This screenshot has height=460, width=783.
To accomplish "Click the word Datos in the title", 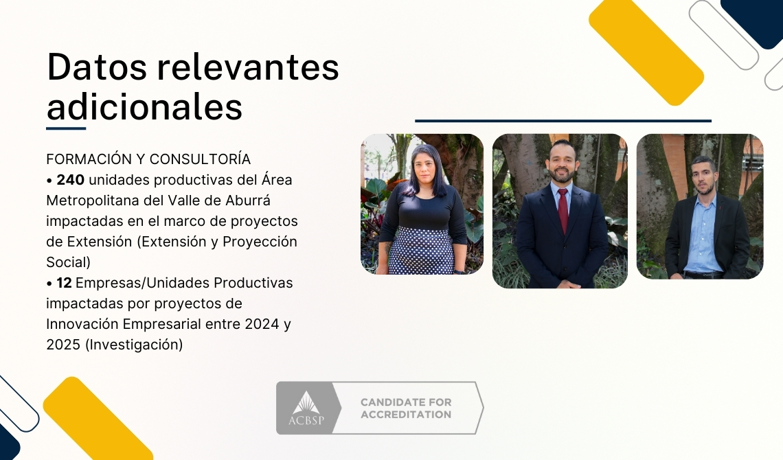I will point(95,68).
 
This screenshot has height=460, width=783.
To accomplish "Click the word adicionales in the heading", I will point(144,108).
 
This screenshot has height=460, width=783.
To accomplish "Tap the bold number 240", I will point(71,180).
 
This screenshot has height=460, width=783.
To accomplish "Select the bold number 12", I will point(65,283).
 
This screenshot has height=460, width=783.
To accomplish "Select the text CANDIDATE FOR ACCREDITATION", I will point(406,409).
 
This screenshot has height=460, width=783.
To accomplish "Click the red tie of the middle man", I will point(563,210).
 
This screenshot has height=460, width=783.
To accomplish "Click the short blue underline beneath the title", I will point(66,128).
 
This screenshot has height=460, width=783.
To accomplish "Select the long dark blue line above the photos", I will point(563,121).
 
